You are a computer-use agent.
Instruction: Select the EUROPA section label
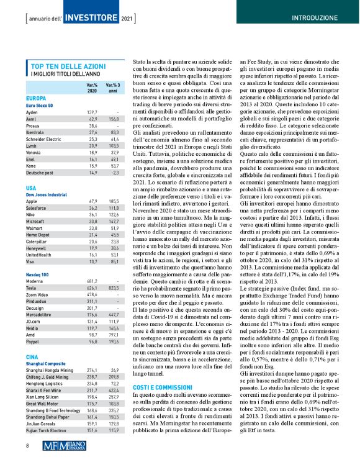35,99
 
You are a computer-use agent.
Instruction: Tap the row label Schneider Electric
49,140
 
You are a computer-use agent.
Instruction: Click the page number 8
27,445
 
